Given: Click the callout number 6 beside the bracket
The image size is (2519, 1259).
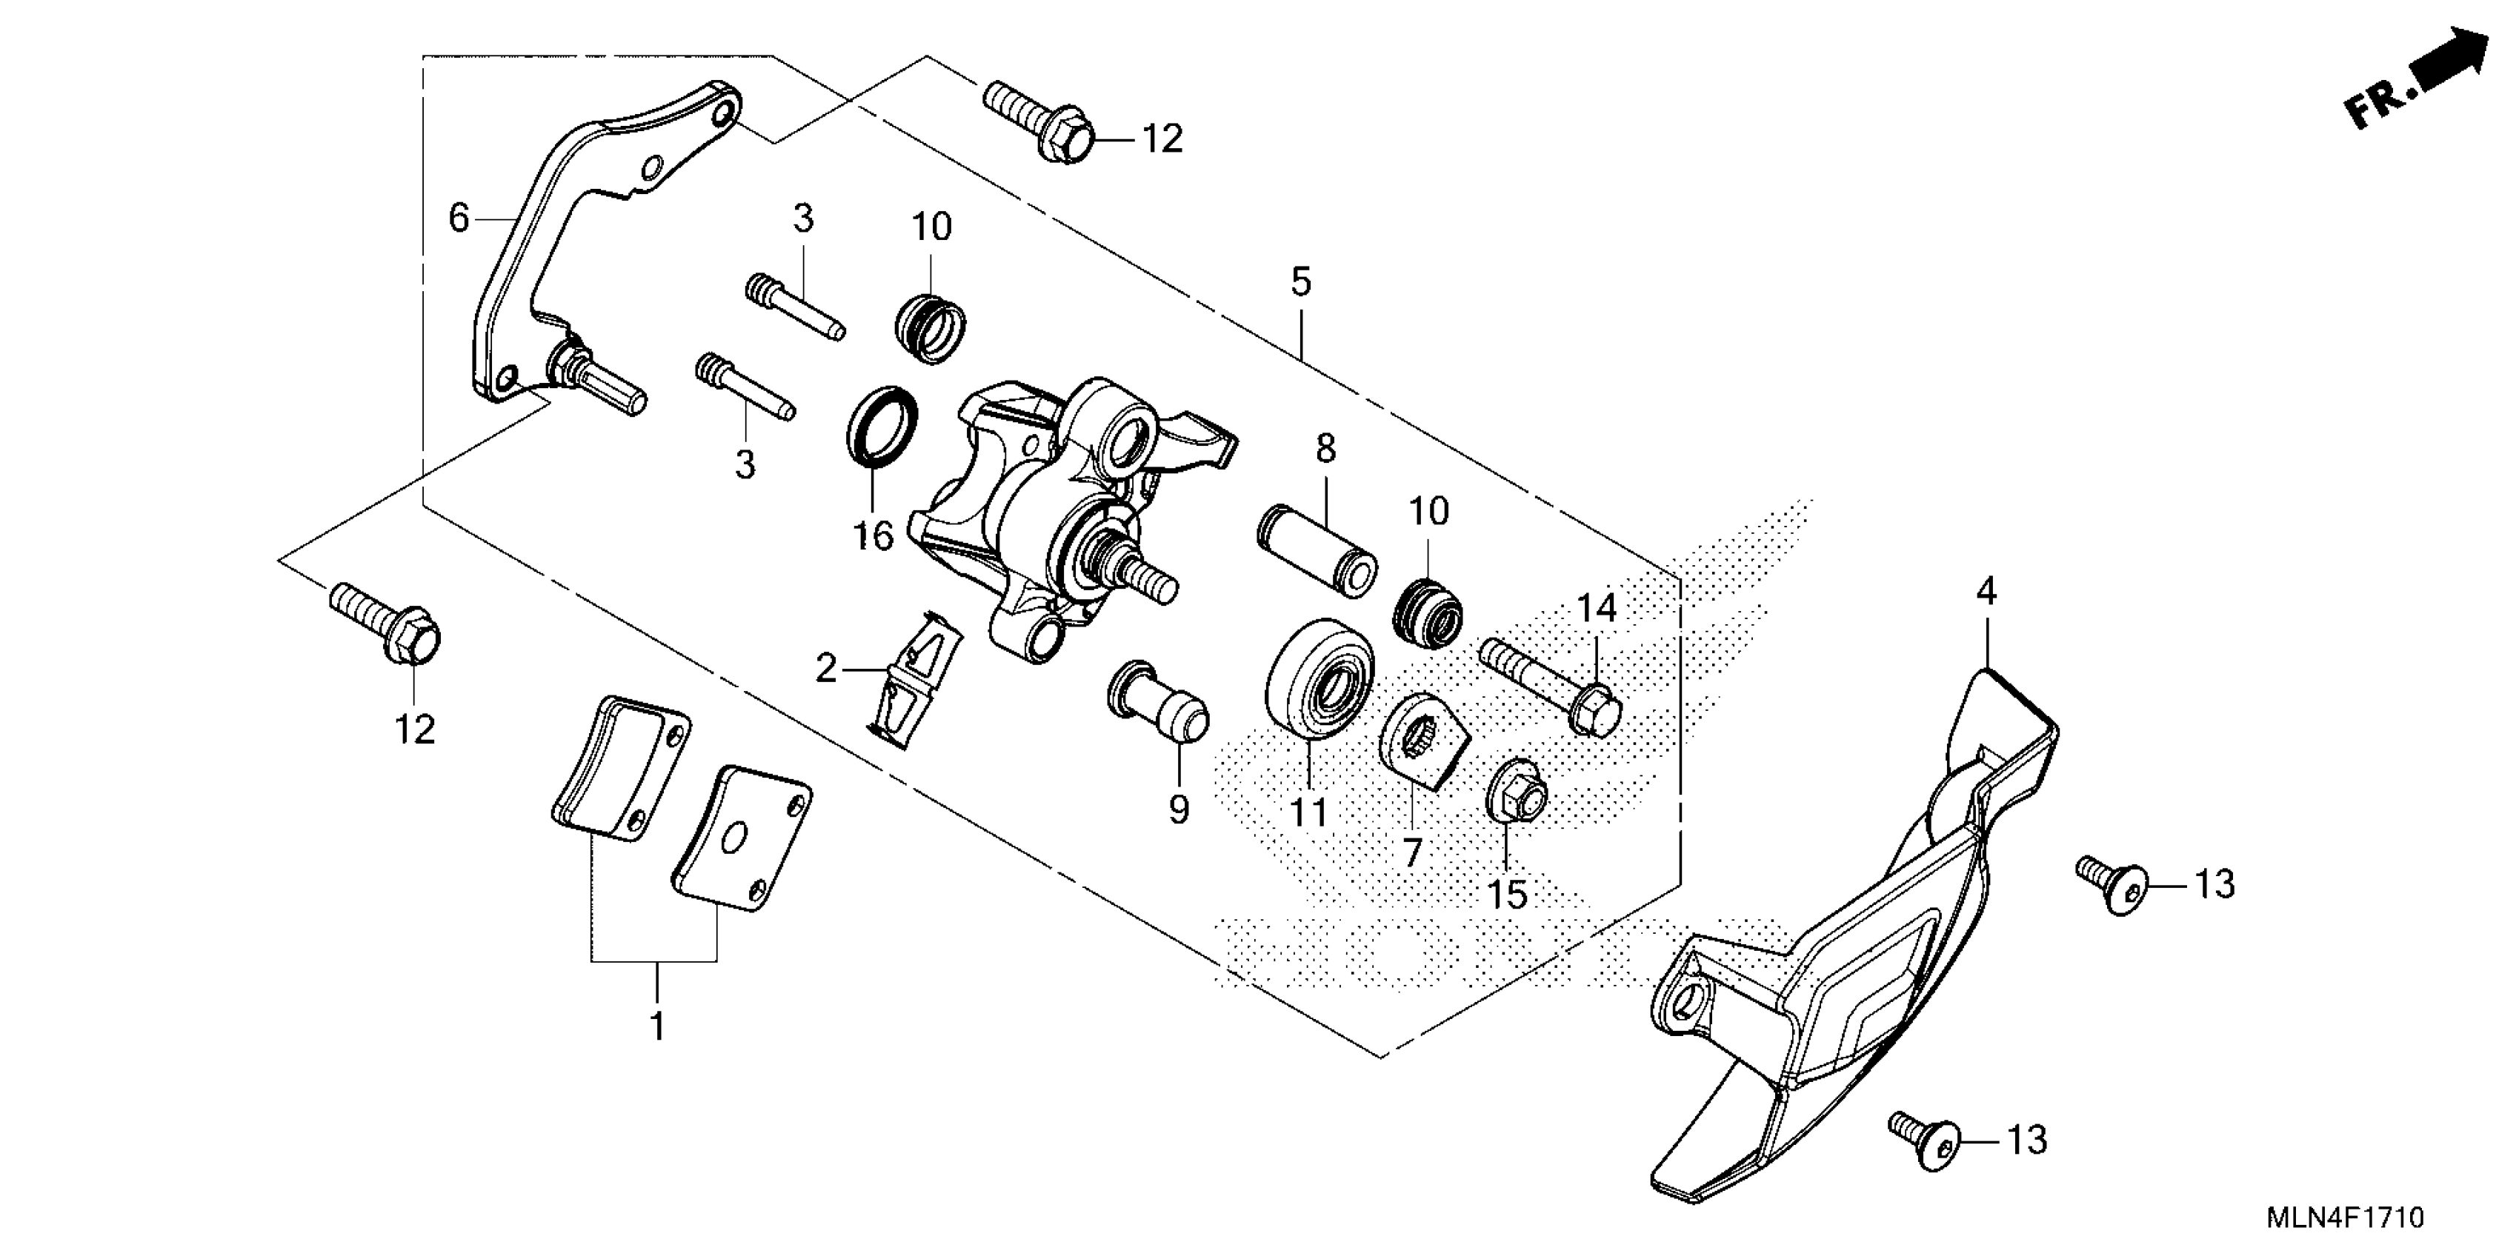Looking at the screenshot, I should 459,217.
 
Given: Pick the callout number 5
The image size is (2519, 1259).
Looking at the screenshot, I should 1300,281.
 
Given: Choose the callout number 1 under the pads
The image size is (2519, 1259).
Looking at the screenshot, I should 657,1026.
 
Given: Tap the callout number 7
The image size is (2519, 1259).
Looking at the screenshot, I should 1411,853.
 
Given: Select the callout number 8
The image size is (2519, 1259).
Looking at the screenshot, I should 1325,449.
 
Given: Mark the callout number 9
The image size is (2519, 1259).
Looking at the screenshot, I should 1179,809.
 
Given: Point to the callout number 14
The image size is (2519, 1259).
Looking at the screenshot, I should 1596,609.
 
